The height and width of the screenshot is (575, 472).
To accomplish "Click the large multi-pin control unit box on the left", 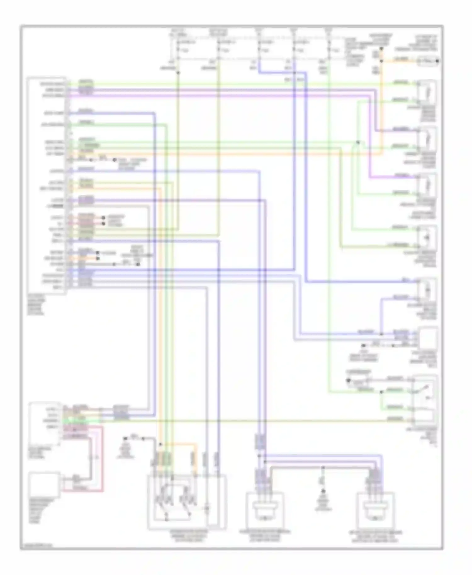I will (x=47, y=186).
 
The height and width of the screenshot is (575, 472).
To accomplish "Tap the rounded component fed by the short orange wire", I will (x=427, y=61).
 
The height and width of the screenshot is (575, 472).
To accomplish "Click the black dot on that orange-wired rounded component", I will (x=438, y=61).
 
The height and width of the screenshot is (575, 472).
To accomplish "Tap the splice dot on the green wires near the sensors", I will (x=358, y=142).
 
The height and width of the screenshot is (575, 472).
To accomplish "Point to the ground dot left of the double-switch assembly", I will (x=125, y=438).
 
